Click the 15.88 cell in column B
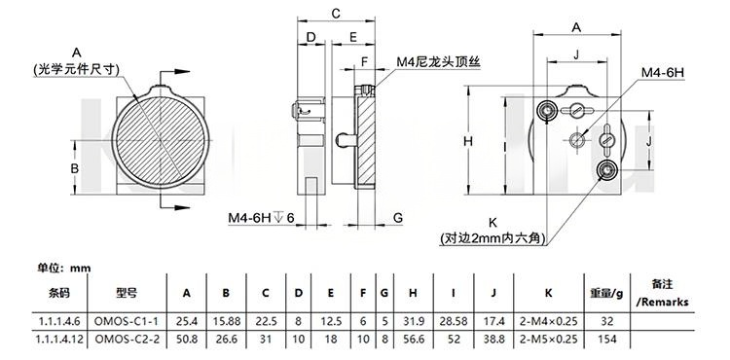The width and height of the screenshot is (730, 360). pos(226,321)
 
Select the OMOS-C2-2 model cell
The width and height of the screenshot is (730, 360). pos(127,339)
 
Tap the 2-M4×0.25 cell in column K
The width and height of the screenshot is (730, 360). pos(548,321)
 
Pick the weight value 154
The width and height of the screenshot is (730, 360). pos(607,339)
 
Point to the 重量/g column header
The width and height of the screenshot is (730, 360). pos(606,293)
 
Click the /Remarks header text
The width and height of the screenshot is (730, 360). pos(662,302)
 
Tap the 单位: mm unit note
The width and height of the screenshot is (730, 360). pos(64,269)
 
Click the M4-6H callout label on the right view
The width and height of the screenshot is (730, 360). pos(663,73)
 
